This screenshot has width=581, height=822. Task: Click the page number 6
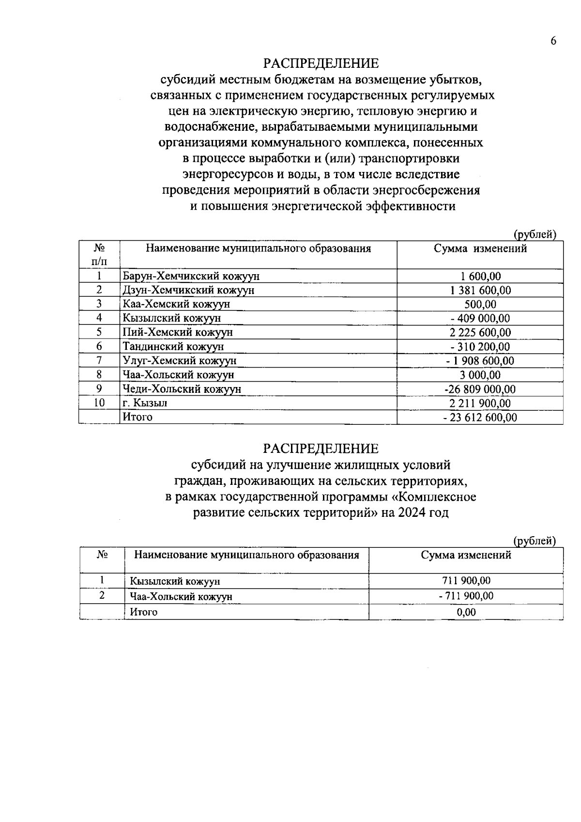click(553, 41)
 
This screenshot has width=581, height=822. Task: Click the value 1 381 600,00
click(480, 290)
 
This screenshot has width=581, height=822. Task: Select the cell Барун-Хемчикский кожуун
click(191, 276)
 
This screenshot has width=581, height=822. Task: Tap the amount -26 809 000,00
click(480, 389)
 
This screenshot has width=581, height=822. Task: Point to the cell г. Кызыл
click(145, 403)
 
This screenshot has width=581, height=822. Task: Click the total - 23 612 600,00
click(480, 417)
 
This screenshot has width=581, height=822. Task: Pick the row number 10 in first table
click(99, 403)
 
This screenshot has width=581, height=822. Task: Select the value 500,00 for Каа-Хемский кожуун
click(480, 304)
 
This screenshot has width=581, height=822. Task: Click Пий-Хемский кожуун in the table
click(178, 332)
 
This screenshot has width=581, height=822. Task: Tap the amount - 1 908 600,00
click(480, 361)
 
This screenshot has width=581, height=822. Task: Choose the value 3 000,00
click(480, 375)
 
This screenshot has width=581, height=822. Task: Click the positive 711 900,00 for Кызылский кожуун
click(466, 581)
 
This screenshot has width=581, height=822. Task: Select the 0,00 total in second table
click(466, 612)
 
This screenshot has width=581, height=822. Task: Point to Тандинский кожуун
click(173, 346)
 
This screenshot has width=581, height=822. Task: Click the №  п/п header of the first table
click(99, 254)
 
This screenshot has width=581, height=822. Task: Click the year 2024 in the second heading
click(410, 513)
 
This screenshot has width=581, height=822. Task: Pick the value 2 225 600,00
click(480, 332)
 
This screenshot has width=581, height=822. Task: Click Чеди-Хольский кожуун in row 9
click(182, 389)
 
